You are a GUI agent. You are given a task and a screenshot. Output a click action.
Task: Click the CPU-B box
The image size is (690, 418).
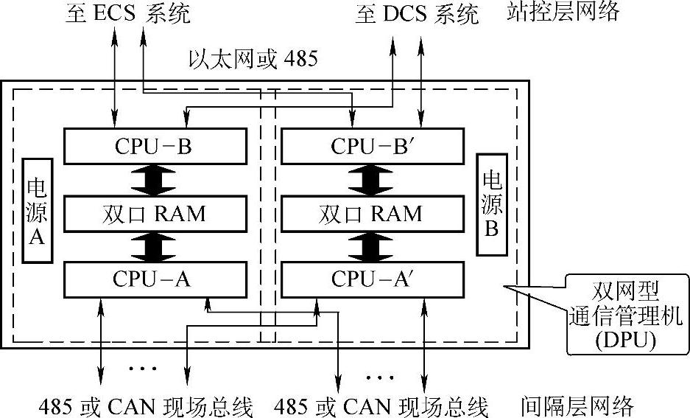coord(154,146)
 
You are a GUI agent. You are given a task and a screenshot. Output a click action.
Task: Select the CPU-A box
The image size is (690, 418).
coord(154,279)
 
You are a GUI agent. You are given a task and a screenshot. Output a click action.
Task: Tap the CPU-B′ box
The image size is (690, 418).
coord(373,146)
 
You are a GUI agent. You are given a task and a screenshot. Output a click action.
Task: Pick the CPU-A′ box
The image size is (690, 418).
coord(373,279)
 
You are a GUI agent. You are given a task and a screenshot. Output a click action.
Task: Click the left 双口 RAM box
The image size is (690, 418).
coord(154,214)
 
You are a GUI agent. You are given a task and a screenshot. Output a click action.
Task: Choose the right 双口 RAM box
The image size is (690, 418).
coord(373,214)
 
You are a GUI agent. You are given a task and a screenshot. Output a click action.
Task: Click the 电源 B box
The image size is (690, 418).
coord(491,204)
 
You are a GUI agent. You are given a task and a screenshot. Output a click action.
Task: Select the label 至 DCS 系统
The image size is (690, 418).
coord(417,15)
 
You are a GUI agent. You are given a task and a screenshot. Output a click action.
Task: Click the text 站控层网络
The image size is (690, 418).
coord(563,12)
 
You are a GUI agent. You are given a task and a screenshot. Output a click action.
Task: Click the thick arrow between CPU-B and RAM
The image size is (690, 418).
coord(154,180)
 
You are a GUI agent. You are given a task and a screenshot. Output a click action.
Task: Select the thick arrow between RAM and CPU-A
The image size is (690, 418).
coord(154,246)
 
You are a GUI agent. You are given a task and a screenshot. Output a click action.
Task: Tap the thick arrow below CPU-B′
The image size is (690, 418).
coord(373,180)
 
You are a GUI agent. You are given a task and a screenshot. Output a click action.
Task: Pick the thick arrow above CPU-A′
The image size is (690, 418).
coord(373,246)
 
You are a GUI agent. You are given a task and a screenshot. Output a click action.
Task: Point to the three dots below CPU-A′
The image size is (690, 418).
coord(380,377)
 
